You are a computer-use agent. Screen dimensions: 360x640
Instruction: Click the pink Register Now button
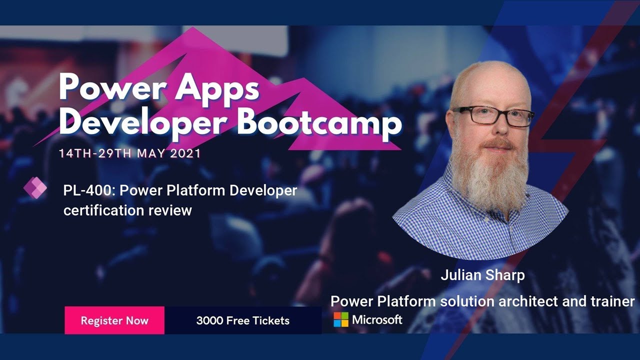pos(114,320)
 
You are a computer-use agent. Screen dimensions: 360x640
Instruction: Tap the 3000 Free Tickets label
pos(242,320)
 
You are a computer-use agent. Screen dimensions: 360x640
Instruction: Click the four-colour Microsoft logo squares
pos(341,319)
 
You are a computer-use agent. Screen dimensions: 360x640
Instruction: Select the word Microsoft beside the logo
pos(377,319)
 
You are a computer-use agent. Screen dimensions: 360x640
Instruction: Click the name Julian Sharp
pos(482,275)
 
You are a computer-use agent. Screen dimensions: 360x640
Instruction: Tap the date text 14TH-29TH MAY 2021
pos(130,153)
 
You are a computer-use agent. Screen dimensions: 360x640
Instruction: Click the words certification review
pos(127,210)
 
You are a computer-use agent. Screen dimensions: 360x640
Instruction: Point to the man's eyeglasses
pos(492,115)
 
